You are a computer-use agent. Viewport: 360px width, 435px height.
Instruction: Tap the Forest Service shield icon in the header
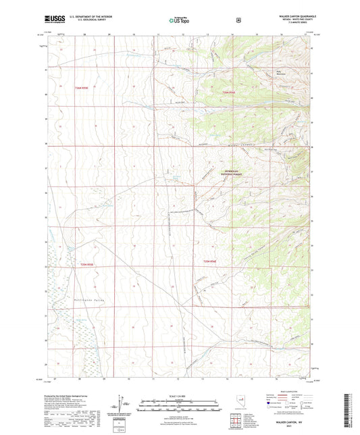point(238,20)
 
